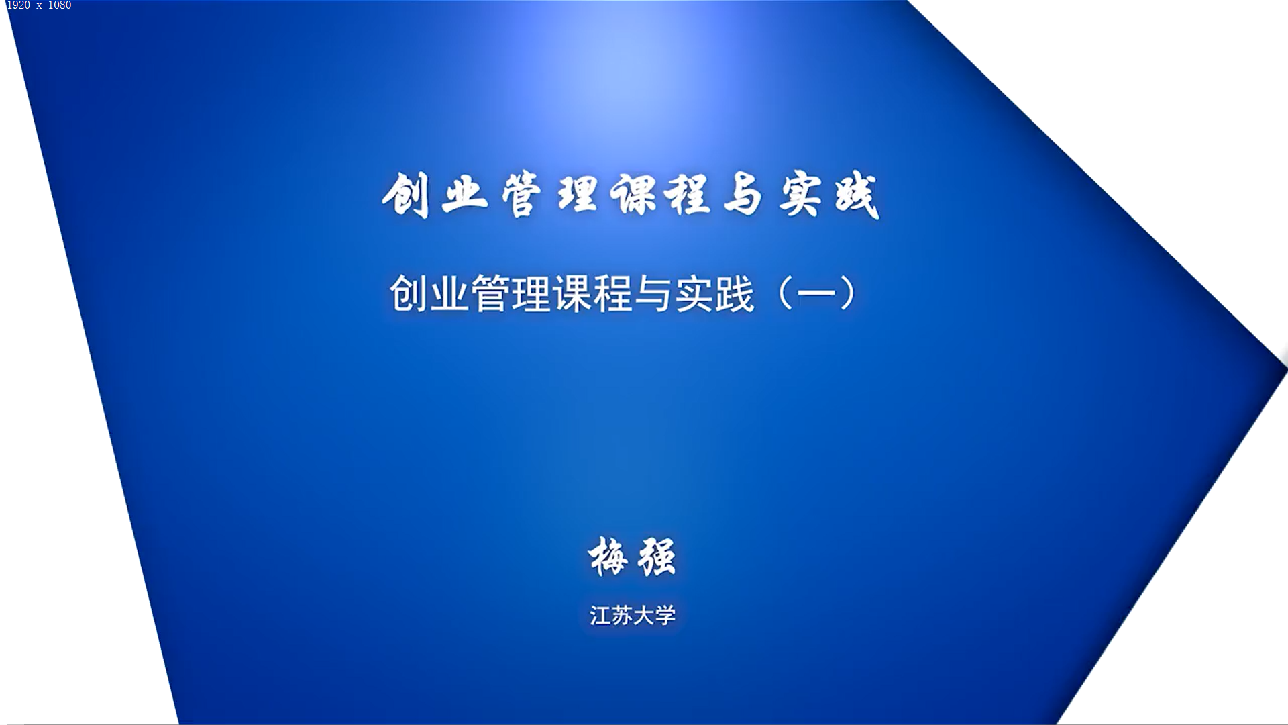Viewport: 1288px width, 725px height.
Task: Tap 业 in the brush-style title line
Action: [x=464, y=195]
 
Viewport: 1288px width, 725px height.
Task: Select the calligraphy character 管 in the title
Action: [x=521, y=195]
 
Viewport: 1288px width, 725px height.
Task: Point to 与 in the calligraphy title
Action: [x=743, y=195]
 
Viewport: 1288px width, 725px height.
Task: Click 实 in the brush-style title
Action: [x=800, y=195]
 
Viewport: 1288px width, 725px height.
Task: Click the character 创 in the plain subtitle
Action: [x=409, y=293]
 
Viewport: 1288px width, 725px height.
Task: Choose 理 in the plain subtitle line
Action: [x=531, y=293]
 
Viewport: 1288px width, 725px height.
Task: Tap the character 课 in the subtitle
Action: [x=572, y=293]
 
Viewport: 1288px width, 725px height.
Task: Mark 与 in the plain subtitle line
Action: [x=653, y=293]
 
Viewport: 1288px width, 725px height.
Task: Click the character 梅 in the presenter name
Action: [x=609, y=557]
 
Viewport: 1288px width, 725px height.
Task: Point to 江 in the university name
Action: [x=600, y=615]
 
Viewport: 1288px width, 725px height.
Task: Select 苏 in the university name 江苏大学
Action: [x=622, y=615]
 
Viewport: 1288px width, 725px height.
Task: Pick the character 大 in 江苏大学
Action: [x=643, y=615]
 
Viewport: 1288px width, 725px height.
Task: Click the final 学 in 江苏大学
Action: [x=665, y=615]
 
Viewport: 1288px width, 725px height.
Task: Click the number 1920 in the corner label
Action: [x=18, y=5]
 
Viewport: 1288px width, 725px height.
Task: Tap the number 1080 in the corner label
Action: [x=60, y=5]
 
